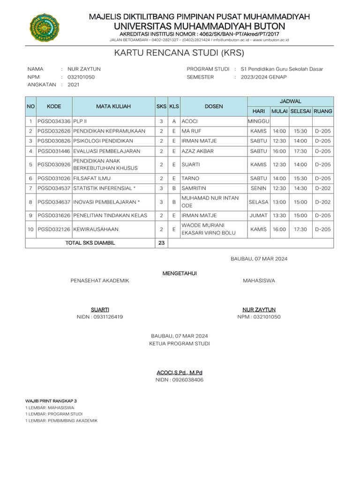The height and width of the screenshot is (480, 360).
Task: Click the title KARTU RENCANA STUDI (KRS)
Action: [180, 52]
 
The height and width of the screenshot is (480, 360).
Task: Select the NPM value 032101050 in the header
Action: [81, 77]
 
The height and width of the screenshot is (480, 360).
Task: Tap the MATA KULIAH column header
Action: [113, 106]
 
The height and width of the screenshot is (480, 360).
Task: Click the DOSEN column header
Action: [214, 106]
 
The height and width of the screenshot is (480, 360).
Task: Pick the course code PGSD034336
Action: [54, 121]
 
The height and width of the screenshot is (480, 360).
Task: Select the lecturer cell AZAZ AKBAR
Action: [197, 151]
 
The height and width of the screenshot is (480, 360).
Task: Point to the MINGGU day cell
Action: [258, 121]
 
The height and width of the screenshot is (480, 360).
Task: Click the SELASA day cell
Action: [258, 202]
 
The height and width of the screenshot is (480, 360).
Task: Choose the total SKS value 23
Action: [161, 243]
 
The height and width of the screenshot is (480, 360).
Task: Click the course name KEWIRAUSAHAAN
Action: [96, 229]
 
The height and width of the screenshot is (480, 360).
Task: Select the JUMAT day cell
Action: [258, 216]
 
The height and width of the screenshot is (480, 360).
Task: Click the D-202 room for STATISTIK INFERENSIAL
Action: [323, 188]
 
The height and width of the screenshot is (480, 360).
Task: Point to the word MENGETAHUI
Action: [180, 273]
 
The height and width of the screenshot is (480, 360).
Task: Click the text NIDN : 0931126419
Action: [100, 317]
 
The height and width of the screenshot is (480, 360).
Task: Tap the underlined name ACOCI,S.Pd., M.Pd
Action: [180, 373]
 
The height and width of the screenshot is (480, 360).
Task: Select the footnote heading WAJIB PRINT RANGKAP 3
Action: [51, 402]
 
